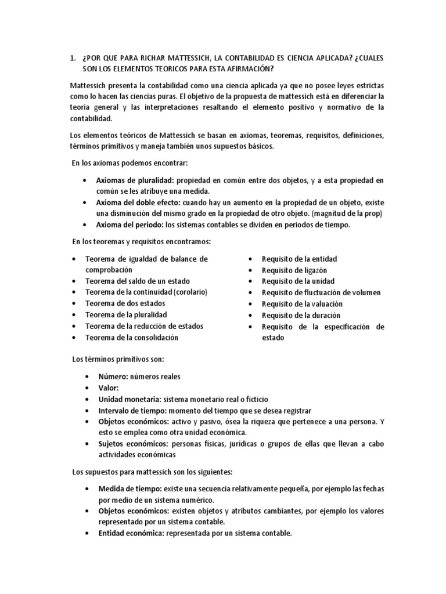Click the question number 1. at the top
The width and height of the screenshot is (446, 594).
coord(72,59)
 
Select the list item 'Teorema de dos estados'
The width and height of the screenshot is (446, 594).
coord(125,303)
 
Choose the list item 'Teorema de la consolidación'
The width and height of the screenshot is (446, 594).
coord(131,337)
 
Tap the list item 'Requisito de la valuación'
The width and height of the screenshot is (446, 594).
coord(302,304)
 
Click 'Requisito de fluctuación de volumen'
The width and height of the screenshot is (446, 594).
coord(321,292)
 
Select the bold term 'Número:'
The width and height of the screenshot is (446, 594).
coord(113,376)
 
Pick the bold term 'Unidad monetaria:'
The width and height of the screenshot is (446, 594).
coord(130,399)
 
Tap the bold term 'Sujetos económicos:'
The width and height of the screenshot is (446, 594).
coord(132,444)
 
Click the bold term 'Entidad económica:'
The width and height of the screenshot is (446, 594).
coord(131,533)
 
